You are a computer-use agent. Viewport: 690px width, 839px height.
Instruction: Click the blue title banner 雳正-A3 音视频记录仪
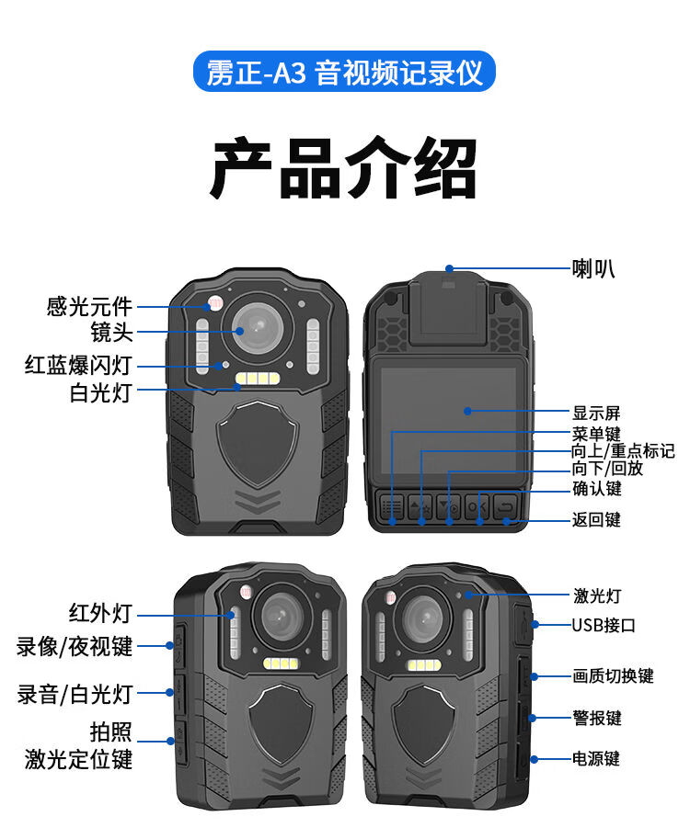(345, 73)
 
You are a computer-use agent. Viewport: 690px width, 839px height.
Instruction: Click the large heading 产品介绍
(345, 168)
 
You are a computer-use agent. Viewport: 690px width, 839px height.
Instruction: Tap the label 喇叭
(592, 268)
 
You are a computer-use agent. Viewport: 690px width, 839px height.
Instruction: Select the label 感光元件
(90, 306)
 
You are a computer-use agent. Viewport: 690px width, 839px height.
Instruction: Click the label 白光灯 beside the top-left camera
(101, 393)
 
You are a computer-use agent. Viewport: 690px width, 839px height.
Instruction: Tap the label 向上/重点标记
(623, 451)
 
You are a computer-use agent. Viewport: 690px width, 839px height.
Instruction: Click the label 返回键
(596, 520)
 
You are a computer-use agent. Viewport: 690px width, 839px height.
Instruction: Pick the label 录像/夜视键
(75, 646)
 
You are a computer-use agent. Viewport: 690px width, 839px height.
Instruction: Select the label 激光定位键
(79, 759)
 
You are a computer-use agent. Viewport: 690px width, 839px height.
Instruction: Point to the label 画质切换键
(613, 676)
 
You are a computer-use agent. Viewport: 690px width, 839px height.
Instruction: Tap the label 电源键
(596, 759)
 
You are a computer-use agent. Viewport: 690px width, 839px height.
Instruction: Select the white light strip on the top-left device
(259, 379)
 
